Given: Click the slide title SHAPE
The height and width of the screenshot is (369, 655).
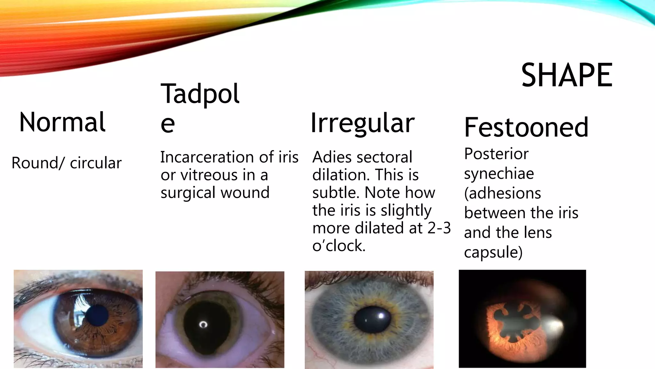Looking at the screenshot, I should (x=567, y=75).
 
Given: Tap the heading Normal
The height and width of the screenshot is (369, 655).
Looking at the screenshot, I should (x=62, y=122).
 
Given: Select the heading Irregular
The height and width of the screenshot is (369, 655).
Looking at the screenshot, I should (x=362, y=123).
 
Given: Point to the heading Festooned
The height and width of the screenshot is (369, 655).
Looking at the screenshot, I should (x=526, y=127).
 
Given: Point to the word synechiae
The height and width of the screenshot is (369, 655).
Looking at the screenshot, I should (x=499, y=174).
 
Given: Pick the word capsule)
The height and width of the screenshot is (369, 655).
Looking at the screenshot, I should (x=493, y=252).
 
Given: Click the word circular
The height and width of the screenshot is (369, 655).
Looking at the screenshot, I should (x=96, y=163).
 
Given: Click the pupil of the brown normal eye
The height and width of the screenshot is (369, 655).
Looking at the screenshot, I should (x=98, y=315).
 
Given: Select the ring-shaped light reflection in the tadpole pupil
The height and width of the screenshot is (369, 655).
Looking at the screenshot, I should (x=203, y=325).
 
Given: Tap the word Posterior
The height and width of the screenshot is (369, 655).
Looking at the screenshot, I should (x=496, y=154).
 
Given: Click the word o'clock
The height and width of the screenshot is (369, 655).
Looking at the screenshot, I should (x=339, y=246).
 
